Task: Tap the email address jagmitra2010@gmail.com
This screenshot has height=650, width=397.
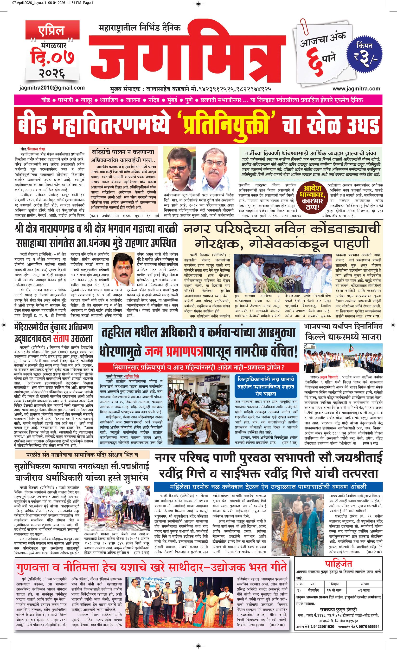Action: coord(52,88)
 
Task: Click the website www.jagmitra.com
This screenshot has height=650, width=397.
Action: coord(356,88)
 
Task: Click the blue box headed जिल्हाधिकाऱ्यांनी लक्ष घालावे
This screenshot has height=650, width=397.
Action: coord(265,386)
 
